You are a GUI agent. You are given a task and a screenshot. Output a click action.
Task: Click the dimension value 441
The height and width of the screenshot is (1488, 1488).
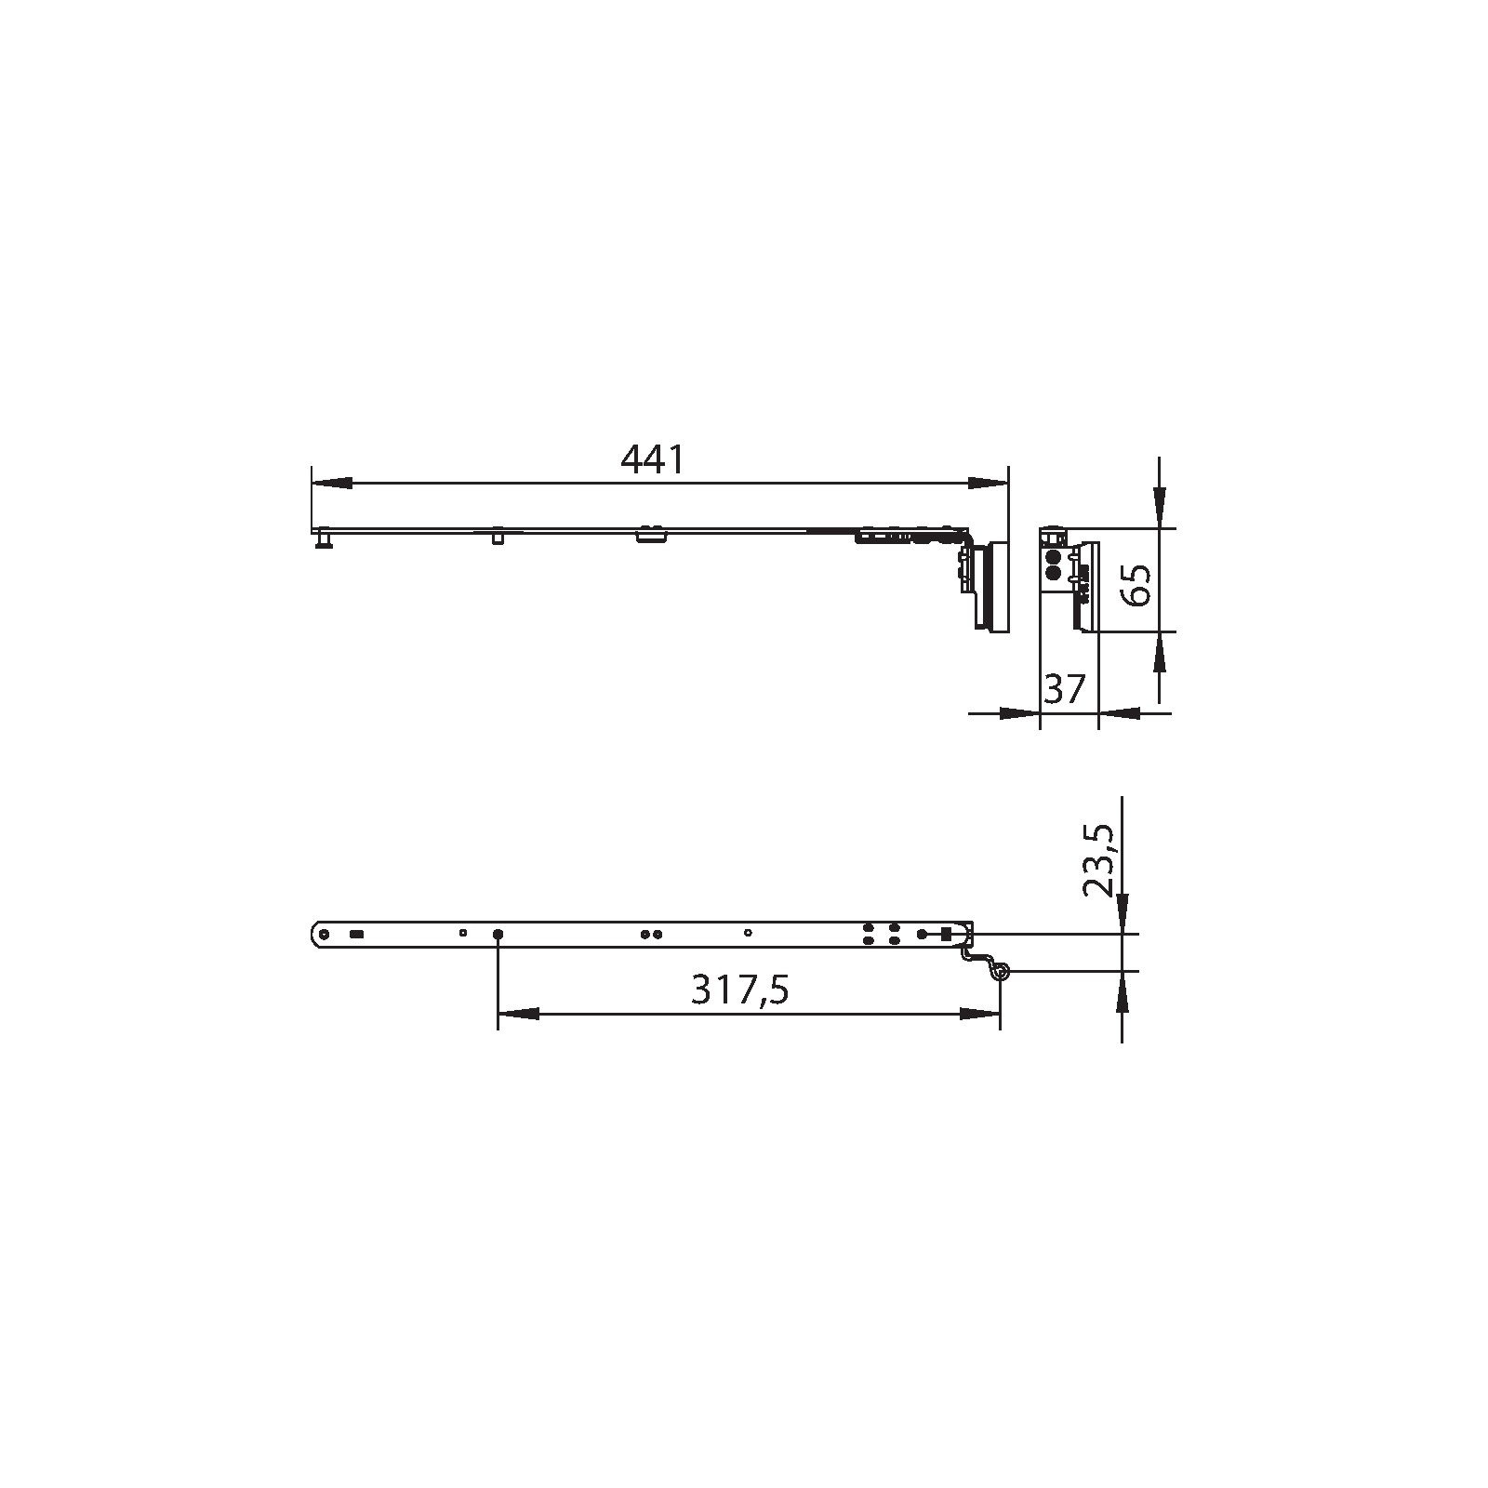click(x=652, y=459)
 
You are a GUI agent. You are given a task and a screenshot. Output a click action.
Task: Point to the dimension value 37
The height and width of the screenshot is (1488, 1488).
click(x=1066, y=689)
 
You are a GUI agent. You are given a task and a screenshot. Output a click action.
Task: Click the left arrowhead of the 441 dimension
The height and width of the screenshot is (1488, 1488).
click(x=332, y=484)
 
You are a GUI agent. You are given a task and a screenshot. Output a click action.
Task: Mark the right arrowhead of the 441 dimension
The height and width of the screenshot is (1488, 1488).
click(x=988, y=484)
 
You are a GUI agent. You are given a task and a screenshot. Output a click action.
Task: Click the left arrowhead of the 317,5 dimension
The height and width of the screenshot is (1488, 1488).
click(x=519, y=1014)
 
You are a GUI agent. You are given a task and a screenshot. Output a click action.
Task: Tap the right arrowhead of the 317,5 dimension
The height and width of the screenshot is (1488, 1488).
click(x=980, y=1014)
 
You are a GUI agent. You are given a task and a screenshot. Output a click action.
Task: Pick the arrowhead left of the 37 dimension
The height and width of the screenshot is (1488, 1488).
click(x=1018, y=713)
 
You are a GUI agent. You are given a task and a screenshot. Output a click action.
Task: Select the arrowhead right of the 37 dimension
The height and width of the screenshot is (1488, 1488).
click(x=1119, y=713)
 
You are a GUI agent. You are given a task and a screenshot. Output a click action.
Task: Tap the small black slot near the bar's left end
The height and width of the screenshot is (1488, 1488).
click(x=356, y=934)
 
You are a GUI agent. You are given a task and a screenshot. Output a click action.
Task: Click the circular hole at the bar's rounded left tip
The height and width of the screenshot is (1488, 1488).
click(x=324, y=934)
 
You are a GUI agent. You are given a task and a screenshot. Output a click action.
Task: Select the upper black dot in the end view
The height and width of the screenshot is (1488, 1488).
click(x=1053, y=558)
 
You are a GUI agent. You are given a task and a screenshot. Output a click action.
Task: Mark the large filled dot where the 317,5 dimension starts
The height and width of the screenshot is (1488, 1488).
click(x=498, y=934)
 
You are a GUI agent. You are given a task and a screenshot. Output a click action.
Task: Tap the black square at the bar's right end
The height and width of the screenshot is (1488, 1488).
click(x=946, y=934)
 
